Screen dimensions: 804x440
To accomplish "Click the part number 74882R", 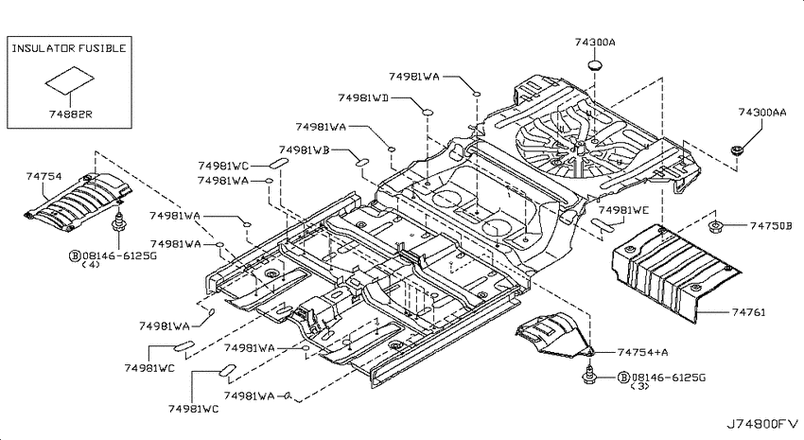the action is tap(70, 114).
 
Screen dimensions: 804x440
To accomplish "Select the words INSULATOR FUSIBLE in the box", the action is tap(69, 48).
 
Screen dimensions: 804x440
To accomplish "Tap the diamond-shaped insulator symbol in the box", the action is tap(70, 79).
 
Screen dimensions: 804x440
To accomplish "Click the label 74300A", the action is tap(594, 42).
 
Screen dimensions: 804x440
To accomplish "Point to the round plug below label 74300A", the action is tap(594, 65).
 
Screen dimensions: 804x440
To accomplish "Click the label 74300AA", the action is tap(762, 112).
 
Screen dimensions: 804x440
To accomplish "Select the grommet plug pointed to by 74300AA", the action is tap(737, 150).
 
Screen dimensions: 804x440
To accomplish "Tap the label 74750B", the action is tap(771, 225).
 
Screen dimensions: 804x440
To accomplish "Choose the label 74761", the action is tap(748, 312).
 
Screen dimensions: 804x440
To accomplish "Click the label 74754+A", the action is tap(642, 352).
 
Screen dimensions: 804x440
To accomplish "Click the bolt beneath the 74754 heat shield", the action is tap(118, 223).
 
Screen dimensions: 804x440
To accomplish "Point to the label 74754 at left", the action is tap(44, 176).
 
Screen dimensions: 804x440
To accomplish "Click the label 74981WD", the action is tap(362, 97).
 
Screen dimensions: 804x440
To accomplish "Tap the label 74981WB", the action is tap(304, 150).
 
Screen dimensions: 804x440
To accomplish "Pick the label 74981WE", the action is tap(623, 210).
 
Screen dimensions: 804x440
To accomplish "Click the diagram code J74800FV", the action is tap(762, 424).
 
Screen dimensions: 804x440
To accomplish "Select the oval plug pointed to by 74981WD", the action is tap(427, 112).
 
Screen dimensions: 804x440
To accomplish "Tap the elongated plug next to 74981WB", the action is tap(362, 163).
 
